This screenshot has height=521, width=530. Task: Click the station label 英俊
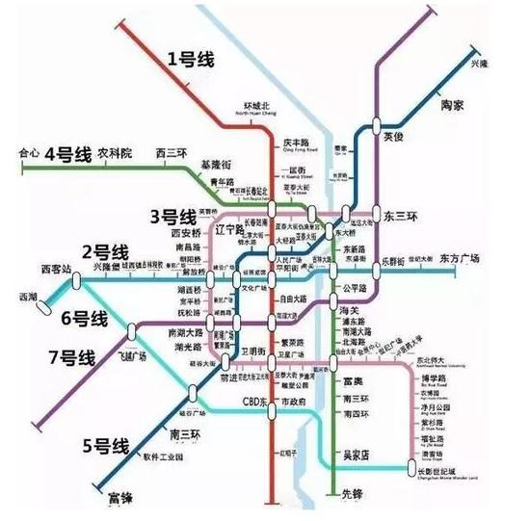(x=395, y=137)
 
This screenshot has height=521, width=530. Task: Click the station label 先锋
(x=354, y=495)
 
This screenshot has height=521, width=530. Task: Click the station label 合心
(x=29, y=153)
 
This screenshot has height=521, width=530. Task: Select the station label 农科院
(x=113, y=153)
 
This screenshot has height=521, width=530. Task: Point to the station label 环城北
(x=257, y=107)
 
